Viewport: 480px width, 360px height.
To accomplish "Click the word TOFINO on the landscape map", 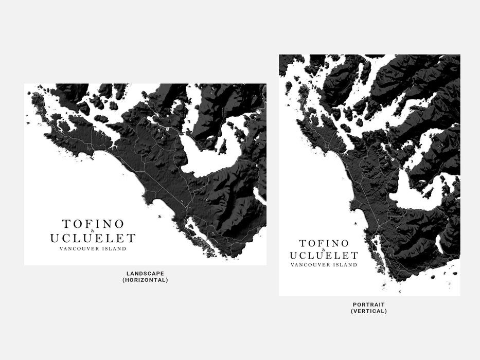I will point(93,224).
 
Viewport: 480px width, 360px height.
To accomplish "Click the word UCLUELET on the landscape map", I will point(93,238).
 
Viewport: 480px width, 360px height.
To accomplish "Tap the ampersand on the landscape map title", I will point(93,231).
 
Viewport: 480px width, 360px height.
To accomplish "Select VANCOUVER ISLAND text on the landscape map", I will point(93,249).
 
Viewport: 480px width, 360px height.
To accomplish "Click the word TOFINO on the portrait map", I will point(324,243).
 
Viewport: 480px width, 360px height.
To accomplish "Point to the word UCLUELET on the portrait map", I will point(324,256).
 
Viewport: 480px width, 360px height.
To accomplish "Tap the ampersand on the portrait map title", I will point(324,249).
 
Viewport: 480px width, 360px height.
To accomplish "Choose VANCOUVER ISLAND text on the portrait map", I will point(324,265).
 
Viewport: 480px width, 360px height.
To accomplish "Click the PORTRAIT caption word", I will point(369,304).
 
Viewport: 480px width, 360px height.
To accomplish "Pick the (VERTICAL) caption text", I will point(369,311).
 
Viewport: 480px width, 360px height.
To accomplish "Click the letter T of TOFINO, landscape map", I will point(66,224).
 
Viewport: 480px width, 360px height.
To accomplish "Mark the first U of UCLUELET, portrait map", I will point(294,256).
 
